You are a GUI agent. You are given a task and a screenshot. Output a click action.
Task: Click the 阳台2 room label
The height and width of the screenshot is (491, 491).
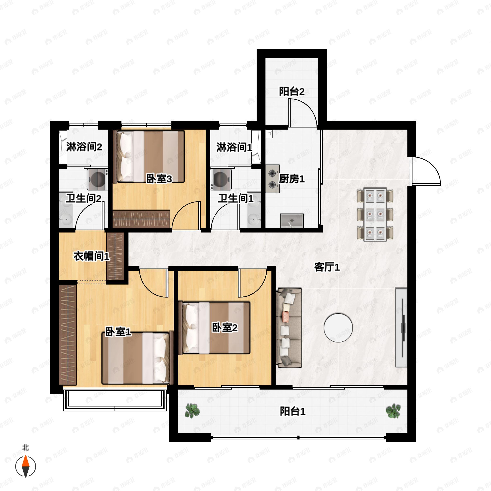tap(292, 91)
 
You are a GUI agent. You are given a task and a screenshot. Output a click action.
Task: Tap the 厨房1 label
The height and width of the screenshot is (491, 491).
tap(292, 179)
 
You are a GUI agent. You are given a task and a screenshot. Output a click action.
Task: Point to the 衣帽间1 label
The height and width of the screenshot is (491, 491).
tap(91, 256)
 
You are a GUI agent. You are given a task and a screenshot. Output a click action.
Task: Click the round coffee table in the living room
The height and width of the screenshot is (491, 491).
tap(338, 328)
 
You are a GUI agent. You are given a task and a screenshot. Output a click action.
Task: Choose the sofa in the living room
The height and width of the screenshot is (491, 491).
tap(289, 328)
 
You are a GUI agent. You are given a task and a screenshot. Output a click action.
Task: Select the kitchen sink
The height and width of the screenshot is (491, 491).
tap(292, 221)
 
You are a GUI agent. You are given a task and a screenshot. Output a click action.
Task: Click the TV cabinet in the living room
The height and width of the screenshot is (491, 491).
tap(401, 328)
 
